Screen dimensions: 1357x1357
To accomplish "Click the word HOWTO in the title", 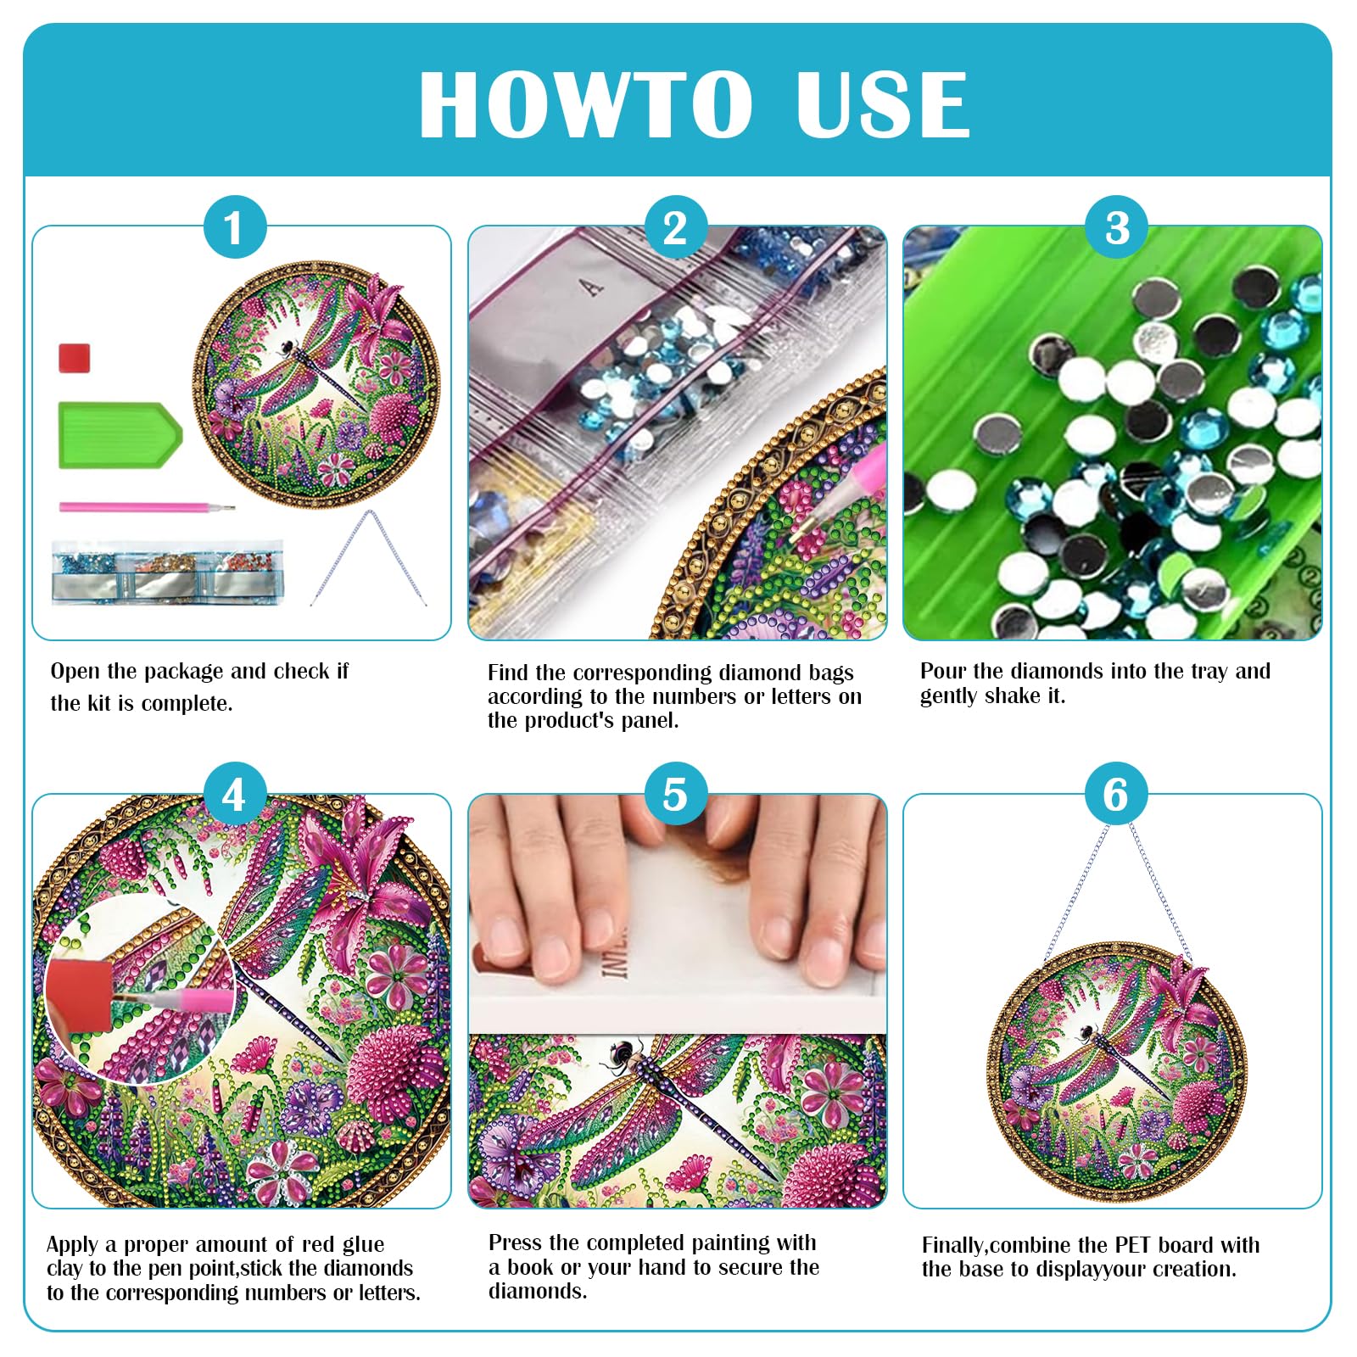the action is pos(585,103).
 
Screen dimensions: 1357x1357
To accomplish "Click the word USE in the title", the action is pos(883,103).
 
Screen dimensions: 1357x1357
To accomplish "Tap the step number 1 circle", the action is pos(234,227).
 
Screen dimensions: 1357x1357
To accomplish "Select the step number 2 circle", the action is pos(675,227).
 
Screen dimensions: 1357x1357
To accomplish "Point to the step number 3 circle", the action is pos(1117,227).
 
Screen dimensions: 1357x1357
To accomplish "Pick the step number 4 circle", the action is pos(234,795).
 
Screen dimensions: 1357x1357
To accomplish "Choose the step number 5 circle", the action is pos(675,795).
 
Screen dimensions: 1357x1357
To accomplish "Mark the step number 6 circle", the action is pos(1116,795).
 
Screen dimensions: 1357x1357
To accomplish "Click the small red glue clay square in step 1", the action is pos(74,357).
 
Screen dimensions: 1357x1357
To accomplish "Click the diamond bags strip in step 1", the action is pos(167,572).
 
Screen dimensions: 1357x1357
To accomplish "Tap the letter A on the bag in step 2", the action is pos(592,288).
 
